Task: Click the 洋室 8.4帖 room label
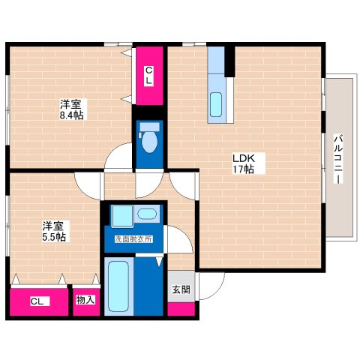71,109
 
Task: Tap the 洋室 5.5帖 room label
54,231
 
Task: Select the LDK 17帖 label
244,163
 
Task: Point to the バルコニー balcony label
338,160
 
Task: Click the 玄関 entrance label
181,289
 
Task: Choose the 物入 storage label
85,299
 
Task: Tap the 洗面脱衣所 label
133,239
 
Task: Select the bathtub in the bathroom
118,286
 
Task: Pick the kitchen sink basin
216,104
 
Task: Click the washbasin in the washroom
147,214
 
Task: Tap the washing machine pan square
122,216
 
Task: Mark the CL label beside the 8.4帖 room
148,76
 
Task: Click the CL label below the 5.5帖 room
37,301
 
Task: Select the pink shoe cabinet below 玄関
181,309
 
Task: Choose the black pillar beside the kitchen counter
229,61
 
